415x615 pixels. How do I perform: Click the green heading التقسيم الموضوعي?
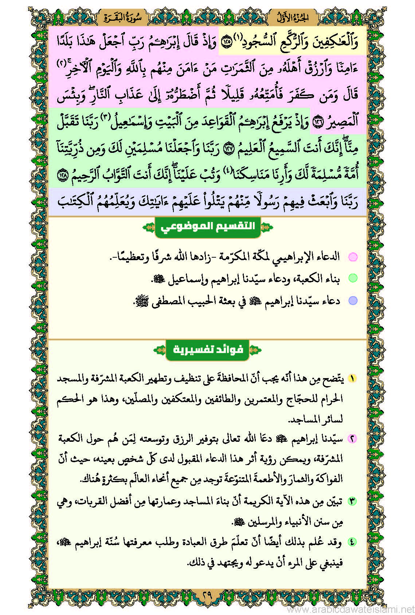(x=208, y=227)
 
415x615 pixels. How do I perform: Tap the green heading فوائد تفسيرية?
(x=208, y=350)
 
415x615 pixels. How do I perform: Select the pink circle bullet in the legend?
(x=353, y=257)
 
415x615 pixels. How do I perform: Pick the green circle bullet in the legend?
(x=353, y=278)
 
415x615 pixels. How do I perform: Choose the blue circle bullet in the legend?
(x=353, y=301)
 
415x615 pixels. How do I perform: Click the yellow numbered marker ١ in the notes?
(x=352, y=378)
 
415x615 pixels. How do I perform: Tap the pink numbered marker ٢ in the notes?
(x=352, y=439)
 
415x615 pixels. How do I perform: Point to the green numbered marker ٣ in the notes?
(x=352, y=501)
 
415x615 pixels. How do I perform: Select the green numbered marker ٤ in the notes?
(x=352, y=542)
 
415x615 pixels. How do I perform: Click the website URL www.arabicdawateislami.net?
(x=351, y=609)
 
